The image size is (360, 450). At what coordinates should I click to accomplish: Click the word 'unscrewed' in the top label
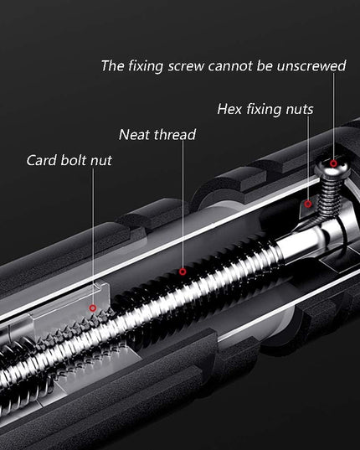pos(311,65)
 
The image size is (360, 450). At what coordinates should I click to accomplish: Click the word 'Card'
pos(42,160)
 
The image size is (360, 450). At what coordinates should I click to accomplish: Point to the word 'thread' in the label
pos(175,134)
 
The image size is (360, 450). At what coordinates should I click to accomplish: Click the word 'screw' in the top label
pos(187,66)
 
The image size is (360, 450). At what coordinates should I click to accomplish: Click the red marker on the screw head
pos(333,163)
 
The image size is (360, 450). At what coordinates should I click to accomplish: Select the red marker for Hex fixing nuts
pos(308,204)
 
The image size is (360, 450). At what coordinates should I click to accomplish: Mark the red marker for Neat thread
pos(183,272)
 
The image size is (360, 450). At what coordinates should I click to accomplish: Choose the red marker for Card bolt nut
pos(93,308)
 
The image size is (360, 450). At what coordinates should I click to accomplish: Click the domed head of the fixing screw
pos(332,167)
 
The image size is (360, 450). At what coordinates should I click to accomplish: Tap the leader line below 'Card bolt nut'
pos(93,236)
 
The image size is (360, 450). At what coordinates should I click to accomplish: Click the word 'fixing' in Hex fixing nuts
pos(264,110)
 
